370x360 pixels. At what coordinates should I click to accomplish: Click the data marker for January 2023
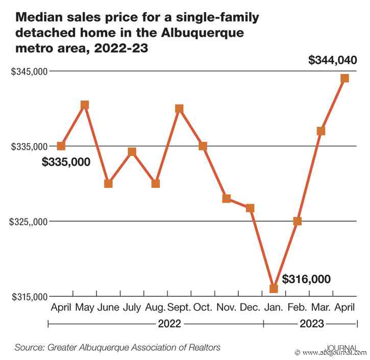(x=274, y=289)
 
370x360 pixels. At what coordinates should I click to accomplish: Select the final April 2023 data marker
(x=345, y=78)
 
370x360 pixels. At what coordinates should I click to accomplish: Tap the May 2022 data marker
(x=85, y=105)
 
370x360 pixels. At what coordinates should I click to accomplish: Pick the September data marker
(x=179, y=108)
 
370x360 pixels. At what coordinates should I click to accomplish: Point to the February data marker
(x=298, y=221)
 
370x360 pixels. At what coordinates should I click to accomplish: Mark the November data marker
(x=227, y=198)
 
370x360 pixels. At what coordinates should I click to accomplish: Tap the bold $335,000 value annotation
(x=66, y=162)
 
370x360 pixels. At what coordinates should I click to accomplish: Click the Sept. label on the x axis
(x=179, y=307)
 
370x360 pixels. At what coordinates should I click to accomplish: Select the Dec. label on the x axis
(x=250, y=307)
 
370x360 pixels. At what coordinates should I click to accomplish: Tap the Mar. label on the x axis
(x=321, y=307)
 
